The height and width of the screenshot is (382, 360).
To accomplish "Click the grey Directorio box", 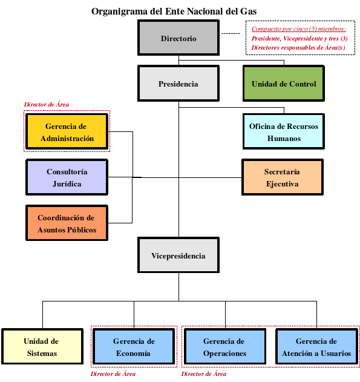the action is (178, 38).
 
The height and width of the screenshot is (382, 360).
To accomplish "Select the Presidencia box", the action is (178, 84).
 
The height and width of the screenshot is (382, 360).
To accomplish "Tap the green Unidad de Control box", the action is (284, 84).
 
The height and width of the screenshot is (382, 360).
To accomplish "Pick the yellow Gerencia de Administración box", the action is (67, 131).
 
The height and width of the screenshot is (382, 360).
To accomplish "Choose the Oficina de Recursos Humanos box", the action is (284, 131).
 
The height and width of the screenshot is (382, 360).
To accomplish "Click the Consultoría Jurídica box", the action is (67, 177).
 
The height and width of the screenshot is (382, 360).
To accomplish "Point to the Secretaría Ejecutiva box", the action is (283, 177).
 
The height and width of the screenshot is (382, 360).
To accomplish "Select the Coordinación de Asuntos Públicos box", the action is (67, 223).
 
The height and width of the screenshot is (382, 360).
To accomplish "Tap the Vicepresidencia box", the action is (178, 255).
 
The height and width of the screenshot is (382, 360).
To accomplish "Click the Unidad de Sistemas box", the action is (42, 346).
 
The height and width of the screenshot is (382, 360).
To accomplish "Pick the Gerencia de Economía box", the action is (134, 346).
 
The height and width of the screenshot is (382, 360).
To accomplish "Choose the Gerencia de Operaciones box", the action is (225, 346).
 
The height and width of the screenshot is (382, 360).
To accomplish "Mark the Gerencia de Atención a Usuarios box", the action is (316, 346).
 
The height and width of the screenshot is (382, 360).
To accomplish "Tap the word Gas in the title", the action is (249, 12).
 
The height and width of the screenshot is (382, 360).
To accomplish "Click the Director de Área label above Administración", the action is (46, 105).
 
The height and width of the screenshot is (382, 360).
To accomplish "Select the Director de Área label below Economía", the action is (113, 374).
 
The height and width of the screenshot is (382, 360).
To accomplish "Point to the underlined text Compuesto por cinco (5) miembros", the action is (299, 28).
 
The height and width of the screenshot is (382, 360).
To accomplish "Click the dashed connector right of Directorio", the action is (231, 34).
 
